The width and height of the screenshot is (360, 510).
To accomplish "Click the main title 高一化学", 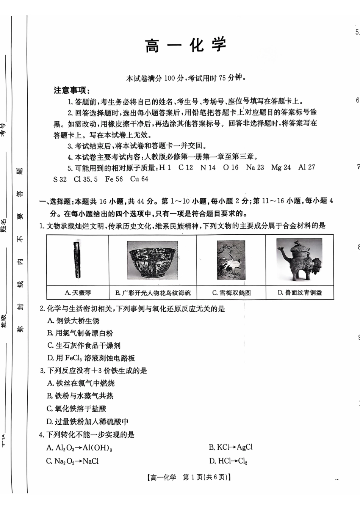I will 186,45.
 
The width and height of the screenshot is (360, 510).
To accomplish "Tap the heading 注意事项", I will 72,90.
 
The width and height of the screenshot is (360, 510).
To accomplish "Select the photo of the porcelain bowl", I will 152,260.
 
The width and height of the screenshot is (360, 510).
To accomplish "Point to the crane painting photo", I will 231,260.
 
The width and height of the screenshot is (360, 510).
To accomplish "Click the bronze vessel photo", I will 299,260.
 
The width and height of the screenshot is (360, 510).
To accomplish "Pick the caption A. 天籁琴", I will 78,293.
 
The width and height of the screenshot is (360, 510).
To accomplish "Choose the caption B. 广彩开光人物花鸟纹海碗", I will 153,293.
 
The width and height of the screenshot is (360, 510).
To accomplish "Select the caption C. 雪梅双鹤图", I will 231,293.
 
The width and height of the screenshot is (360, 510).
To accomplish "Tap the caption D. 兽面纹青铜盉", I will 300,293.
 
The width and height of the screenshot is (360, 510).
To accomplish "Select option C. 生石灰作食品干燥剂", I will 84,345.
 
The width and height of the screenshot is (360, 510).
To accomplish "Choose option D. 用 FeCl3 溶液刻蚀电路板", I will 91,358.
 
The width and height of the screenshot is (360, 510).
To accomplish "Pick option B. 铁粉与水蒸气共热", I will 80,396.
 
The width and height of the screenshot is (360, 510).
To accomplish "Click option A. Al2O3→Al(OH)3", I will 79,448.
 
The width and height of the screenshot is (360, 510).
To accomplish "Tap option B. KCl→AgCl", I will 230,447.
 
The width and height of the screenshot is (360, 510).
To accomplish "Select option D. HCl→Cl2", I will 228,461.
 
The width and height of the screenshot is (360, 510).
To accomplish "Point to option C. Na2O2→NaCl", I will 72,461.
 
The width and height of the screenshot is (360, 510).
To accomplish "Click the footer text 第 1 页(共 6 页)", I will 207,477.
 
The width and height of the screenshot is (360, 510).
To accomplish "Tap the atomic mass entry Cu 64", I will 139,179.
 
